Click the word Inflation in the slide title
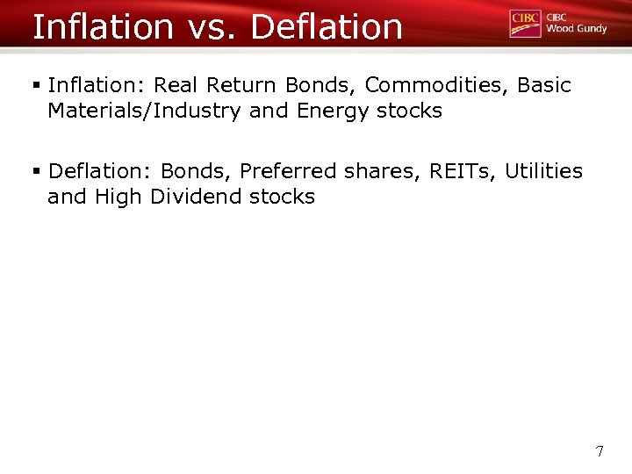tap(103, 26)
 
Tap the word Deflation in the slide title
tap(327, 26)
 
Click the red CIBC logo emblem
tap(525, 23)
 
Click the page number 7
tap(600, 451)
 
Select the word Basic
tap(543, 85)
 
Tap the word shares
tap(382, 171)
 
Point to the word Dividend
tap(197, 197)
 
